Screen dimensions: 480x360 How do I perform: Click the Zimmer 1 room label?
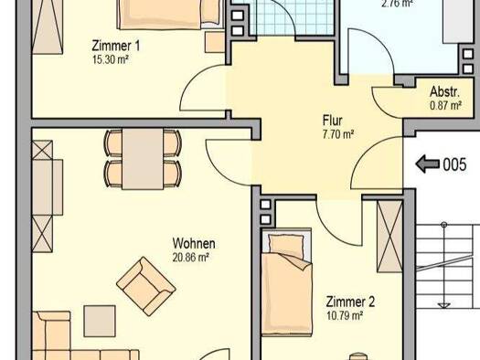[x=116, y=46]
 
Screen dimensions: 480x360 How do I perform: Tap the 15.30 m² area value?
[x=111, y=59]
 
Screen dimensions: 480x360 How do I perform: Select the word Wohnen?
[x=194, y=243]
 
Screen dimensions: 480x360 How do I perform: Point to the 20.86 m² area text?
[x=191, y=258]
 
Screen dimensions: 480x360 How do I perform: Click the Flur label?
[x=333, y=121]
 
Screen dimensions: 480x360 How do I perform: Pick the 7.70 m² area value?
[x=338, y=134]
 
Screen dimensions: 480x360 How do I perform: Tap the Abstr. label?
[x=444, y=91]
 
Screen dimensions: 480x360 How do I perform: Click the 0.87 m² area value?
[x=446, y=105]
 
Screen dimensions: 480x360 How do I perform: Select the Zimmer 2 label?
[x=350, y=302]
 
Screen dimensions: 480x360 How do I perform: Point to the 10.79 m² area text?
[x=345, y=315]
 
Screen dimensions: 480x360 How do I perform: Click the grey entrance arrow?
[x=428, y=164]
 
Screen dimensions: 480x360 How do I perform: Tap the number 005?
[x=455, y=164]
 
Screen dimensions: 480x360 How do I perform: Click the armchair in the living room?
[x=145, y=286]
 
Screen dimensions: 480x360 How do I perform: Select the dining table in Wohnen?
[x=143, y=159]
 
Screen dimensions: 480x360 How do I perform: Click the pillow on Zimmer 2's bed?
[x=285, y=245]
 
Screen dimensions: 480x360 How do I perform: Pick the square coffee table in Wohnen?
[x=100, y=321]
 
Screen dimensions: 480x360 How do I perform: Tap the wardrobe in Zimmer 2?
[x=389, y=236]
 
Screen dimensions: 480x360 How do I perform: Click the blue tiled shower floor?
[x=293, y=16]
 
